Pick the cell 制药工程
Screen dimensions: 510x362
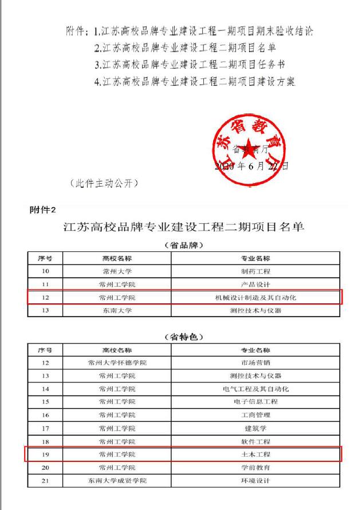point(255,271)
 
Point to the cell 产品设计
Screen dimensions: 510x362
point(255,284)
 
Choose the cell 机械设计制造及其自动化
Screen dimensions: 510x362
point(255,298)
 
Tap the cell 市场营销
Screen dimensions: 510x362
point(255,363)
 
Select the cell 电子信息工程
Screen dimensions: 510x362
point(255,402)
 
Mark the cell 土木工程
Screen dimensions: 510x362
point(255,454)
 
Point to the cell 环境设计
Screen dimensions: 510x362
point(255,481)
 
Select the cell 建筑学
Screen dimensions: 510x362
point(255,428)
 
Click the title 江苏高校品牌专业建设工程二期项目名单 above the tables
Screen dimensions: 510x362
point(183,228)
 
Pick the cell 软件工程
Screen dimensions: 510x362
point(255,441)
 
